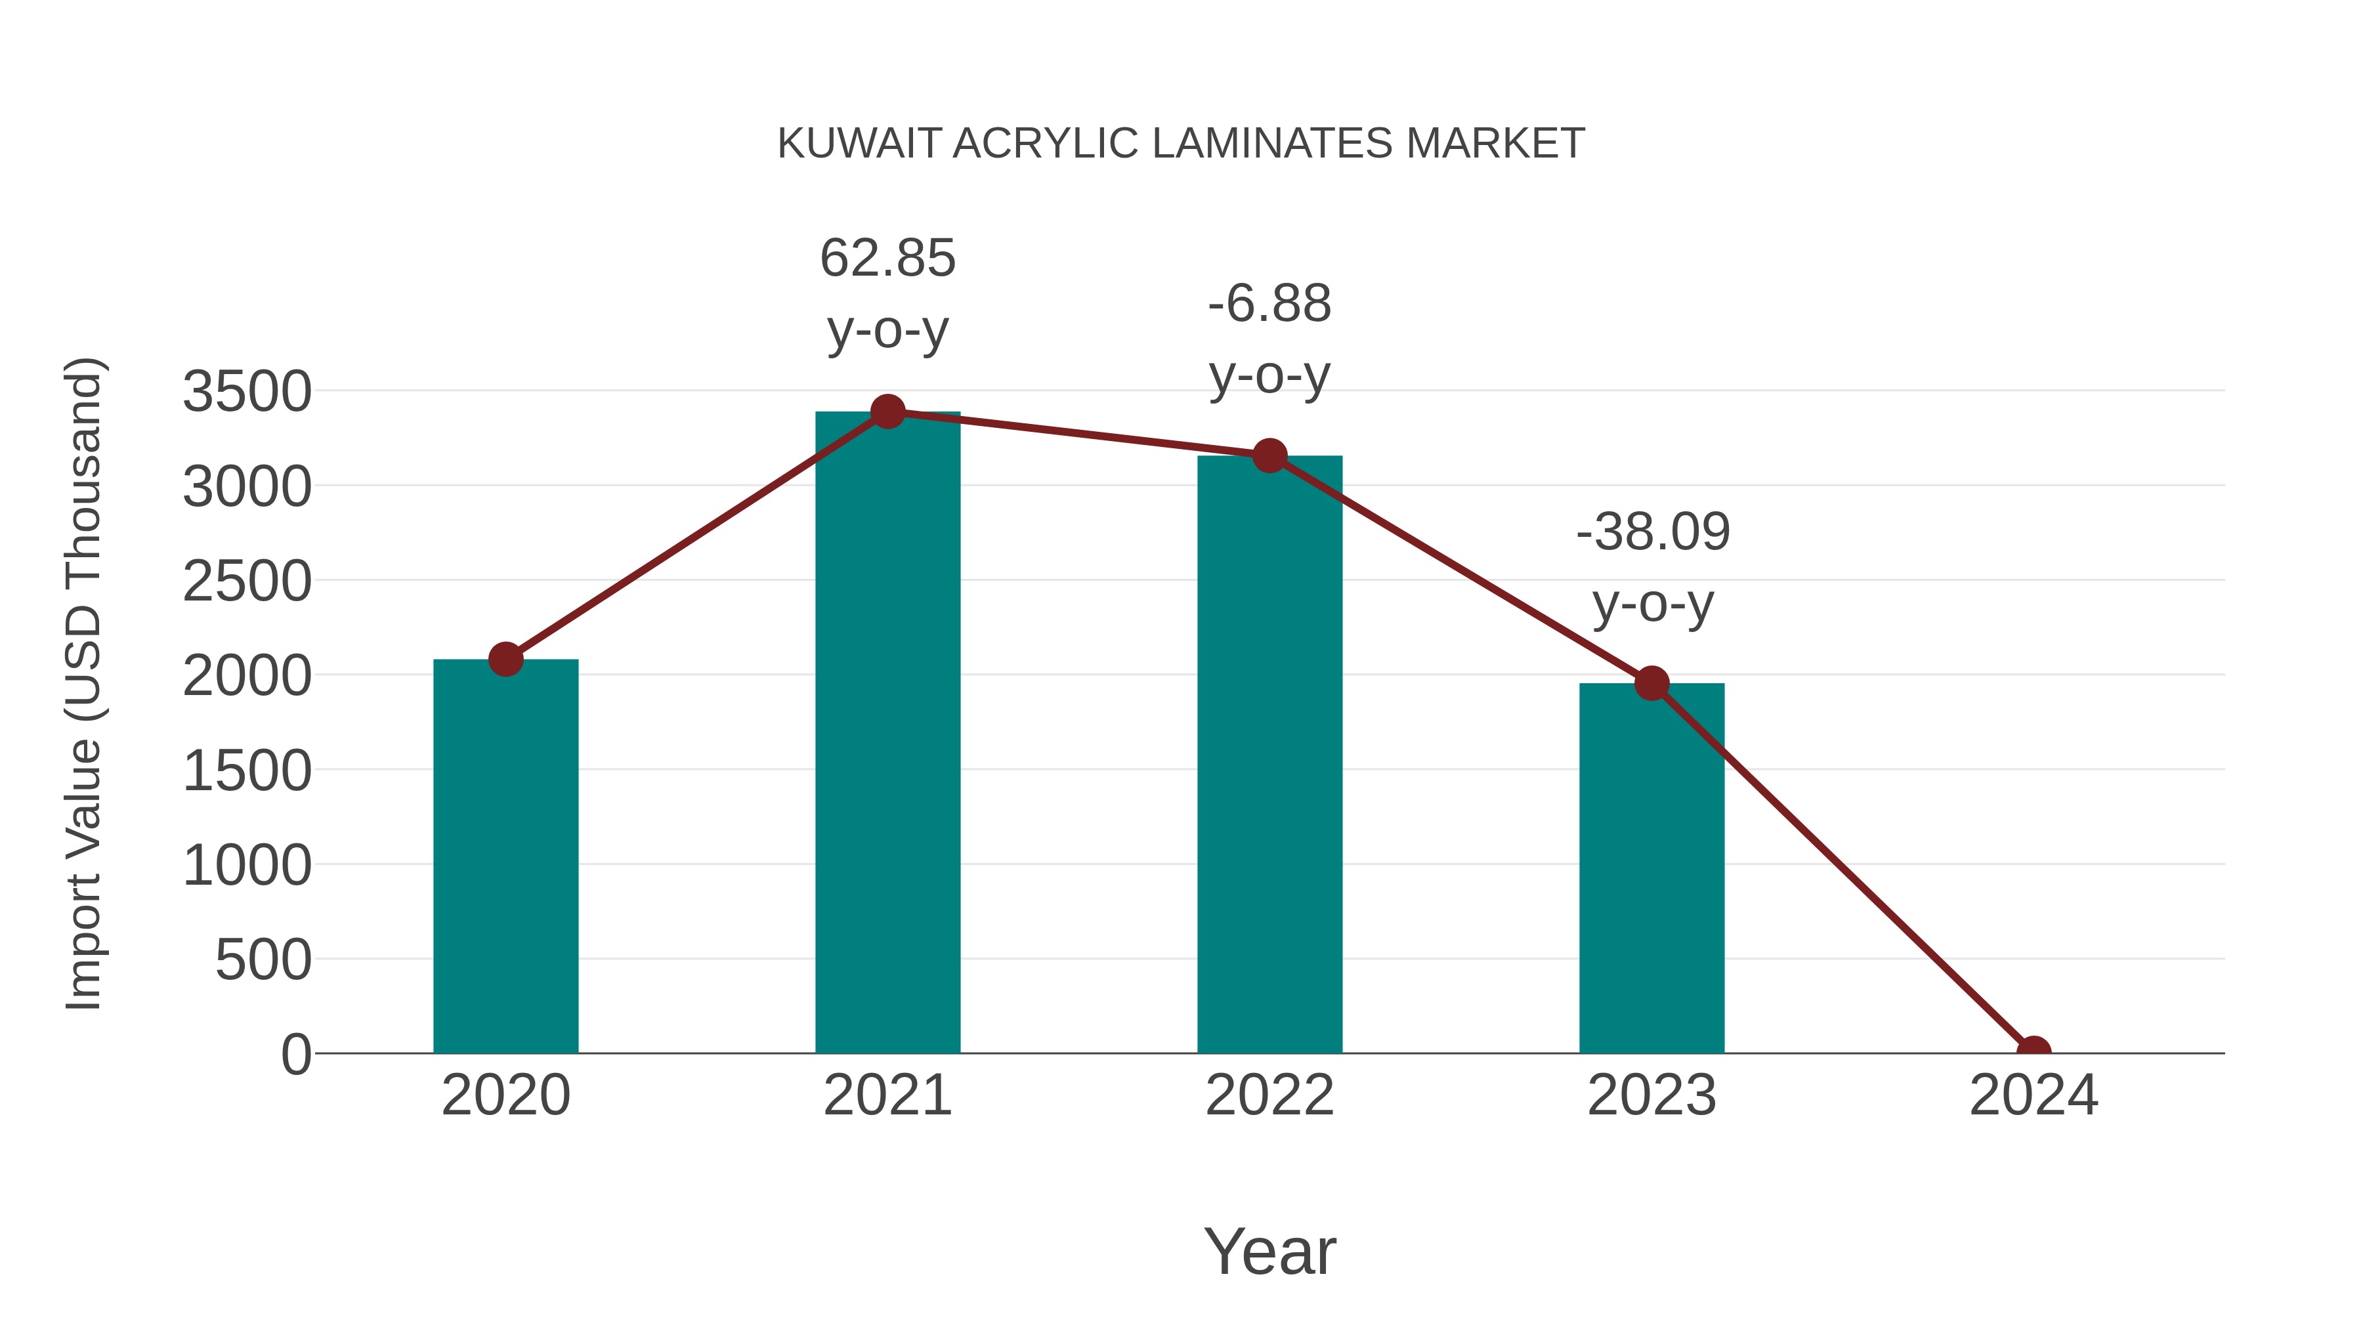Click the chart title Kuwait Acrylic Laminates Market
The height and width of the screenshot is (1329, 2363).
[1181, 144]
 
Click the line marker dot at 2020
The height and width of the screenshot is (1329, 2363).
[505, 658]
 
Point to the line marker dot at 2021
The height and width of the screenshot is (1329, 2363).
[887, 411]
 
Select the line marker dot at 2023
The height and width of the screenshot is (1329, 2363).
[1651, 683]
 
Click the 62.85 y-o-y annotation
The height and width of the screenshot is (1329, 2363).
[887, 293]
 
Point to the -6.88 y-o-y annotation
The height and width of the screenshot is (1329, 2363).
[1269, 339]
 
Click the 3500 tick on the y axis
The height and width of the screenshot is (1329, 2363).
[247, 392]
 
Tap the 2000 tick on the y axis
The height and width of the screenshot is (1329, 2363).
[247, 676]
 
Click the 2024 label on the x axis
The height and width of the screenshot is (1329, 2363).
[2033, 1095]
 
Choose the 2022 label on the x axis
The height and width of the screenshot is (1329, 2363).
[1269, 1095]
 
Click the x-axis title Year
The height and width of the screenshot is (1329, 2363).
[1269, 1251]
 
